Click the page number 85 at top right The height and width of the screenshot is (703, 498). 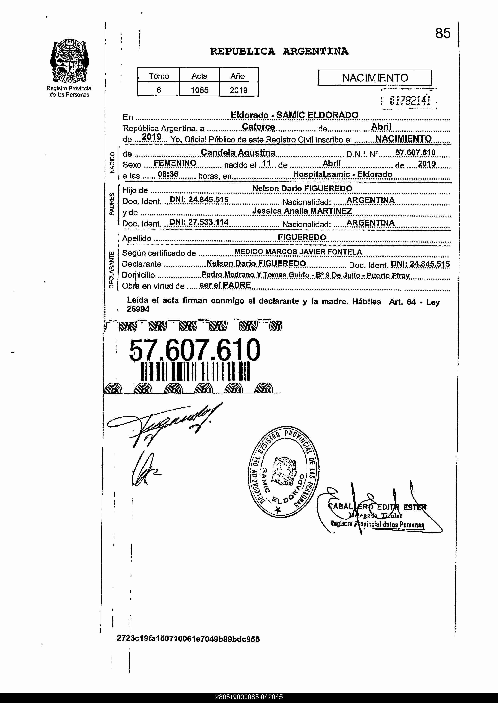443,33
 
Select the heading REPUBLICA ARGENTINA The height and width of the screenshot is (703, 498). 279,51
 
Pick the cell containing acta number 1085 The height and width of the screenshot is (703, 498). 199,90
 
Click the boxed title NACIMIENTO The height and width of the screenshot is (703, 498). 375,78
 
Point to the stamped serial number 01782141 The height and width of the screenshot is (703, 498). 410,100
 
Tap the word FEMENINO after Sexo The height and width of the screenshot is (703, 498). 175,163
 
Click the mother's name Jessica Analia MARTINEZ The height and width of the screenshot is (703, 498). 302,211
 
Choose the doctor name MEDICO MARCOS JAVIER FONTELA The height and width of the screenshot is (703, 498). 298,252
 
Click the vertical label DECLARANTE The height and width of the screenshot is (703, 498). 111,269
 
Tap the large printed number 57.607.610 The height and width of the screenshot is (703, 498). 194,350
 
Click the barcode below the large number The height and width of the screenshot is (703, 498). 195,371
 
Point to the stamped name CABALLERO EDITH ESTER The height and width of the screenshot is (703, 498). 377,507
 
